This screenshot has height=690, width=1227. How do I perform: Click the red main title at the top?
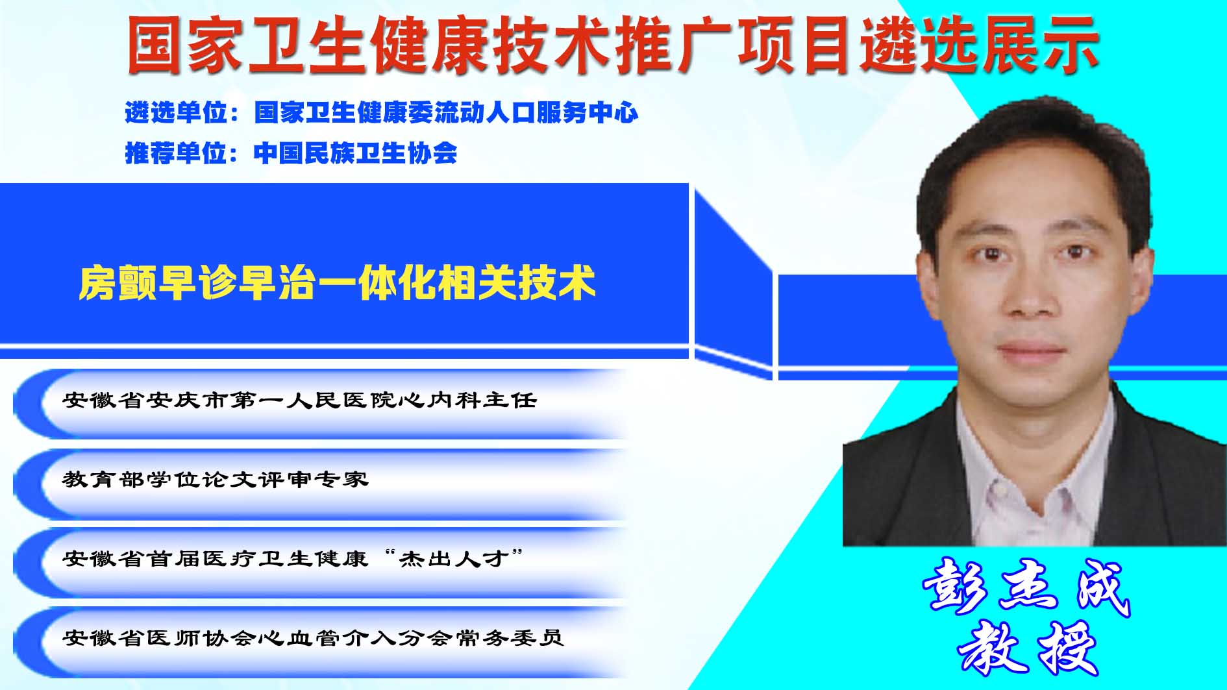tap(613, 44)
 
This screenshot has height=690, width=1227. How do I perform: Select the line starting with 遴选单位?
tap(382, 113)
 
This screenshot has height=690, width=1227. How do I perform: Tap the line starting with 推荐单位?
tap(291, 153)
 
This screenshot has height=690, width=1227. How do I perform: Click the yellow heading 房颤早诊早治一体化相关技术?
tap(337, 283)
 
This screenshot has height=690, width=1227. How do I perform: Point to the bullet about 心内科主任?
tap(300, 400)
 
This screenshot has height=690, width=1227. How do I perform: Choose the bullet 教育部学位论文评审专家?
tap(216, 480)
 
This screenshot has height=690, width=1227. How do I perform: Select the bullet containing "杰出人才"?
tap(293, 558)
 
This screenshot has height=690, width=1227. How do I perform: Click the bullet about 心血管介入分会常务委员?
tap(313, 638)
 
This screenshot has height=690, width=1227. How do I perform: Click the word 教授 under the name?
tap(1027, 647)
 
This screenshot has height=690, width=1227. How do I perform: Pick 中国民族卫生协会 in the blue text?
tap(356, 153)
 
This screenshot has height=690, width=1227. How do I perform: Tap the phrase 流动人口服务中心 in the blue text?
tap(536, 113)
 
